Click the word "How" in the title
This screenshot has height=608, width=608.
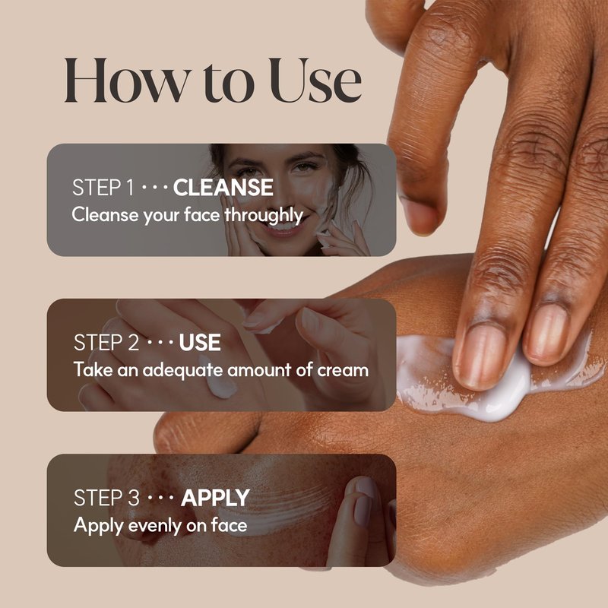tap(128, 81)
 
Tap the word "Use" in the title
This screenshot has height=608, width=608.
tap(315, 81)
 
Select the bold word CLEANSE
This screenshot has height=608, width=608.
tap(223, 187)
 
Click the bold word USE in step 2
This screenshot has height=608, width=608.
tap(200, 343)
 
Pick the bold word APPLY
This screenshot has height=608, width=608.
tap(215, 498)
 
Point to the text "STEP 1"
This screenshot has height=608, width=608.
tap(103, 187)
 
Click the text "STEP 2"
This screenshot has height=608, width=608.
tap(106, 343)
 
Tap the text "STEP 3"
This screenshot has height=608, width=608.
tap(106, 498)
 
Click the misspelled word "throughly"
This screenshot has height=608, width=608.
tap(264, 215)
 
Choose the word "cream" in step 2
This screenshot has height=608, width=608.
tap(343, 371)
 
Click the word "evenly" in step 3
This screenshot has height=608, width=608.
tap(154, 526)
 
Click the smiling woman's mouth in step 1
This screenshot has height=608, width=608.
tap(285, 227)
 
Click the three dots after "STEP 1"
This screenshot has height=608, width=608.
tap(154, 188)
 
